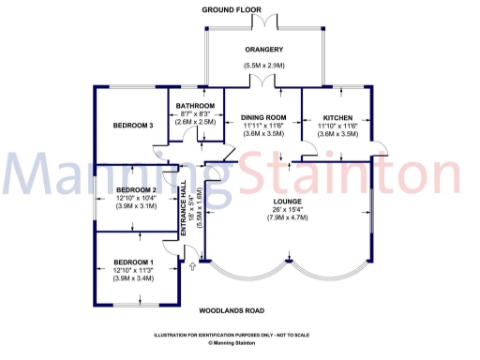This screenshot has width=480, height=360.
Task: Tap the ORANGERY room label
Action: (264, 50)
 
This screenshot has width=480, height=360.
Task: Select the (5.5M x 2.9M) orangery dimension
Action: (264, 65)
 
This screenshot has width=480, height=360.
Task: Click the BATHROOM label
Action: (196, 105)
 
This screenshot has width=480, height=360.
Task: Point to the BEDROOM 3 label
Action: (132, 126)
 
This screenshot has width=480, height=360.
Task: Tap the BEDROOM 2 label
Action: (132, 189)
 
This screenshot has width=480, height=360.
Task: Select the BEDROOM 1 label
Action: (132, 261)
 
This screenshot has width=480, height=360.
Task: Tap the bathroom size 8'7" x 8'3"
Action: (195, 113)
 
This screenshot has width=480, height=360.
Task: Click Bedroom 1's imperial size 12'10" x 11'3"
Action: (132, 269)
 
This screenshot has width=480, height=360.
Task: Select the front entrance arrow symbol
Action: (193, 267)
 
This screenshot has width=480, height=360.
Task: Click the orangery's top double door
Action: (268, 21)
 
